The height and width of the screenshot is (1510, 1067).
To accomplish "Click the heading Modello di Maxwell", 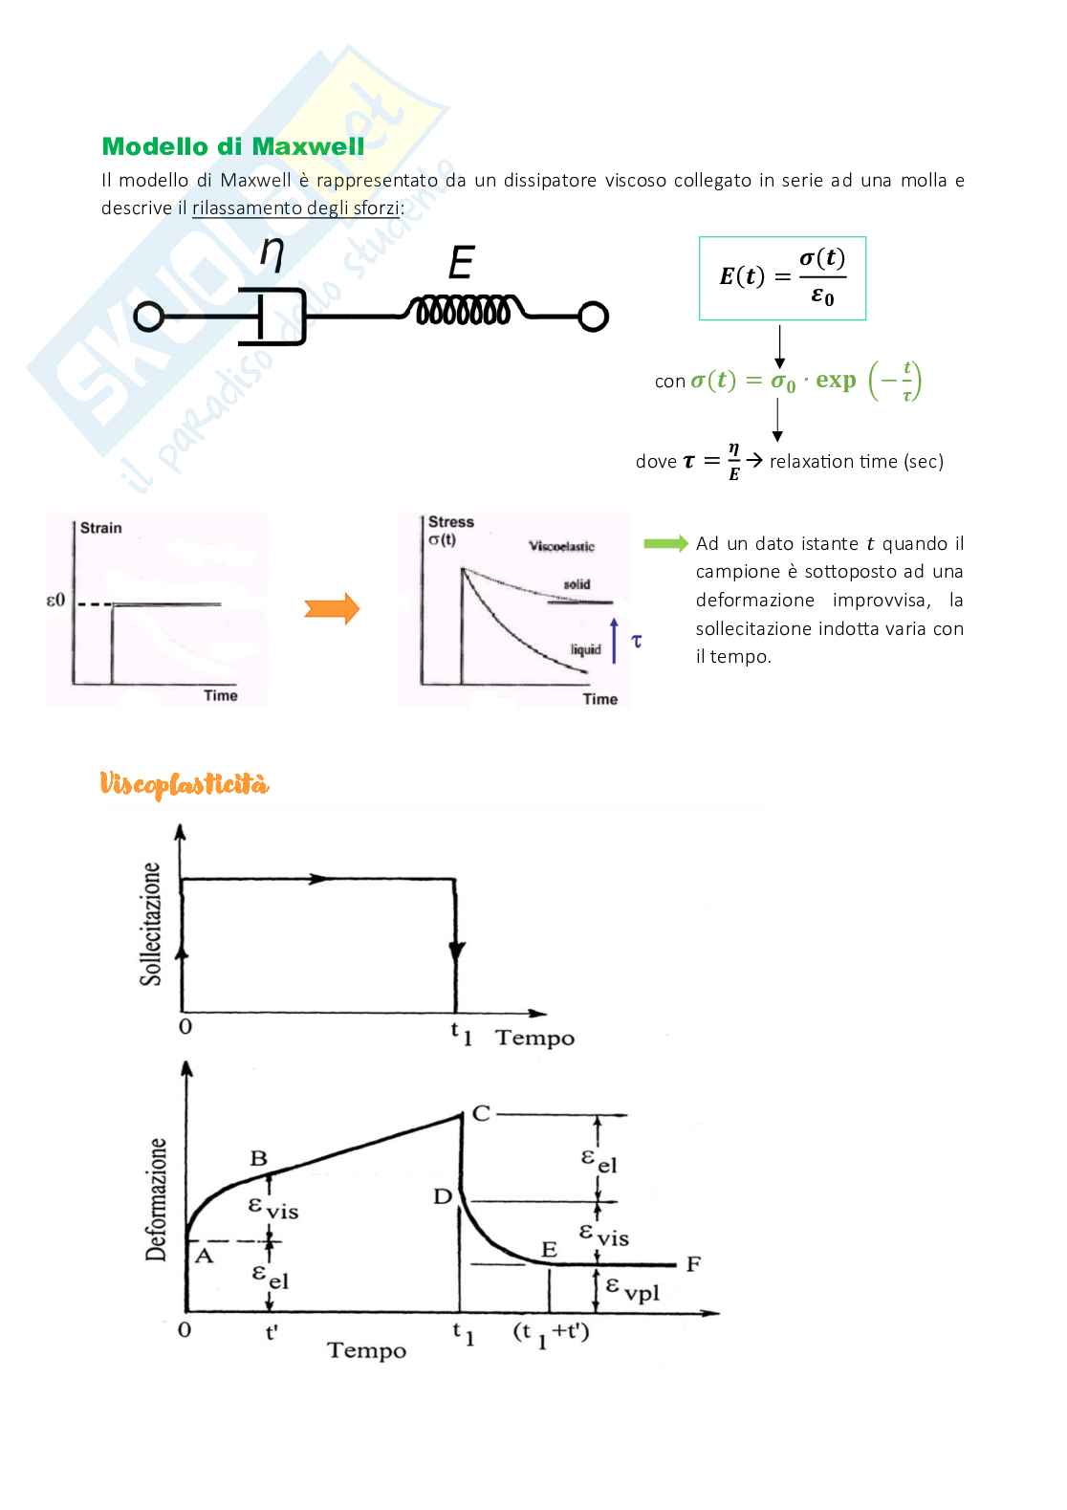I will pyautogui.click(x=232, y=146).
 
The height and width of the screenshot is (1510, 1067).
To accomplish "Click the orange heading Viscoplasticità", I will pyautogui.click(x=185, y=785).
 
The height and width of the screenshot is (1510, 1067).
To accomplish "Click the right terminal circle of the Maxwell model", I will pyautogui.click(x=593, y=317).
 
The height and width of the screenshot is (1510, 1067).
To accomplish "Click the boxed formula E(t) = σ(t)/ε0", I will pyautogui.click(x=782, y=277).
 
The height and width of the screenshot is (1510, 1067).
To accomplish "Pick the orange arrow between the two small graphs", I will pyautogui.click(x=332, y=608).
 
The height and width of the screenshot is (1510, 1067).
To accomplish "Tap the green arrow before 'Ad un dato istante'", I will pyautogui.click(x=665, y=543).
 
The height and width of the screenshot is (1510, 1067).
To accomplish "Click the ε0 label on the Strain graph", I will pyautogui.click(x=55, y=602).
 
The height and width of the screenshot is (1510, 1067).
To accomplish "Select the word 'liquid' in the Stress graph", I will pyautogui.click(x=585, y=649).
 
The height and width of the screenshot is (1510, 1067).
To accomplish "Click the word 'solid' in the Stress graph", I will pyautogui.click(x=577, y=584).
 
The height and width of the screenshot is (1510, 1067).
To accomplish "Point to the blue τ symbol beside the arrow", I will pyautogui.click(x=637, y=640).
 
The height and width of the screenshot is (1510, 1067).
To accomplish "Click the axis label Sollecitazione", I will pyautogui.click(x=151, y=923).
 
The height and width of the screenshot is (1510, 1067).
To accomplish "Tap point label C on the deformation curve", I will pyautogui.click(x=481, y=1113).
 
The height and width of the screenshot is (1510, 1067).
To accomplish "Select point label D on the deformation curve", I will pyautogui.click(x=443, y=1196).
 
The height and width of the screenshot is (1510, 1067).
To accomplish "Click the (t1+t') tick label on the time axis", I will pyautogui.click(x=552, y=1332).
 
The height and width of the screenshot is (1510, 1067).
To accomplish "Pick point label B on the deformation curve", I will pyautogui.click(x=258, y=1158).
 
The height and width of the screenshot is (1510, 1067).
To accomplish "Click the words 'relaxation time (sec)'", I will pyautogui.click(x=856, y=462).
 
